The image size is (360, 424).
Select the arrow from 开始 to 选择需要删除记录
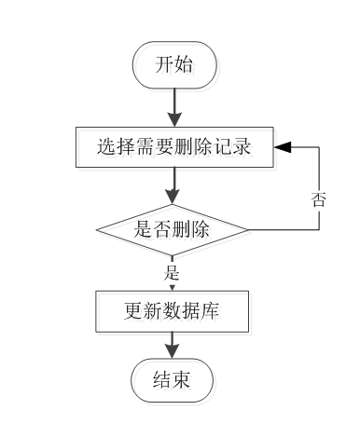[173, 107]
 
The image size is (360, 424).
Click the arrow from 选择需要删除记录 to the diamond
[173, 186]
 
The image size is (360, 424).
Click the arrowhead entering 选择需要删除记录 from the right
[282, 147]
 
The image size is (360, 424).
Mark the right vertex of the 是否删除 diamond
[248, 229]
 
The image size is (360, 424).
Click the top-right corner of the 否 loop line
[320, 147]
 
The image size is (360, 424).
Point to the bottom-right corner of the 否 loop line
[320, 229]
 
